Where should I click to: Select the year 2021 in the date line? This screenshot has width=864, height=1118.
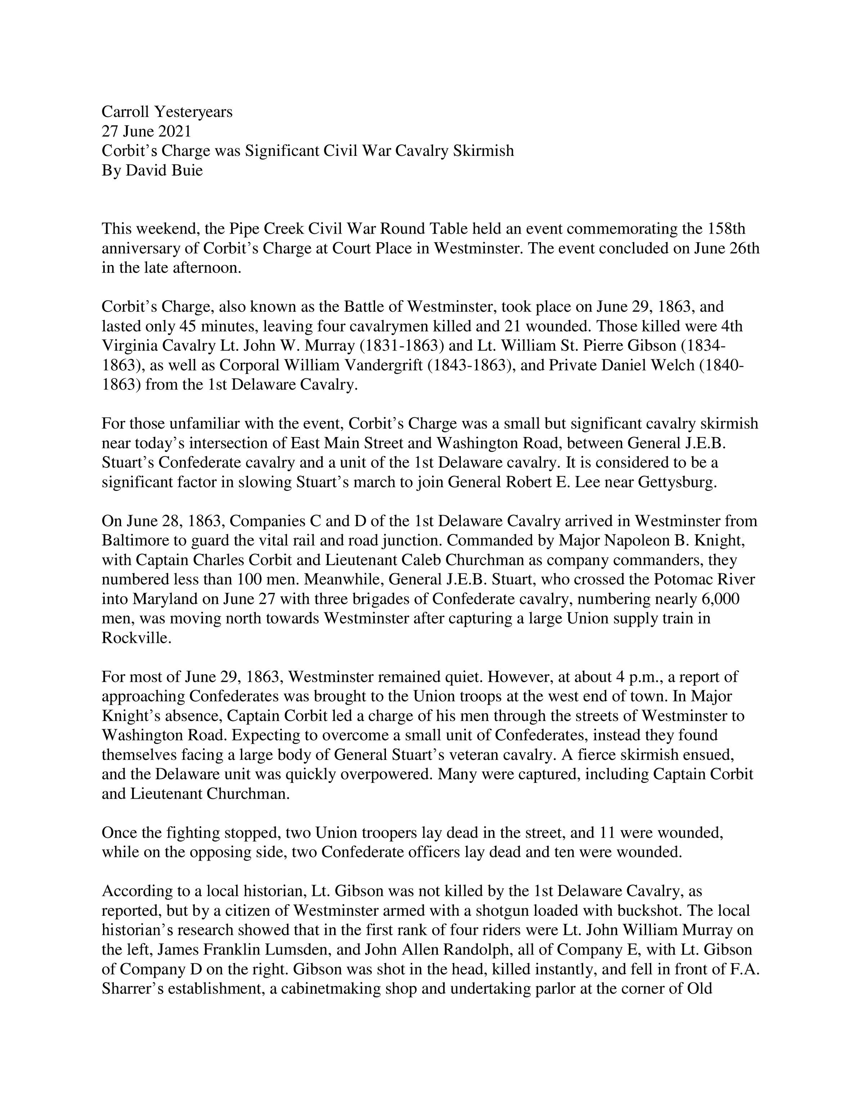click(175, 131)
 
